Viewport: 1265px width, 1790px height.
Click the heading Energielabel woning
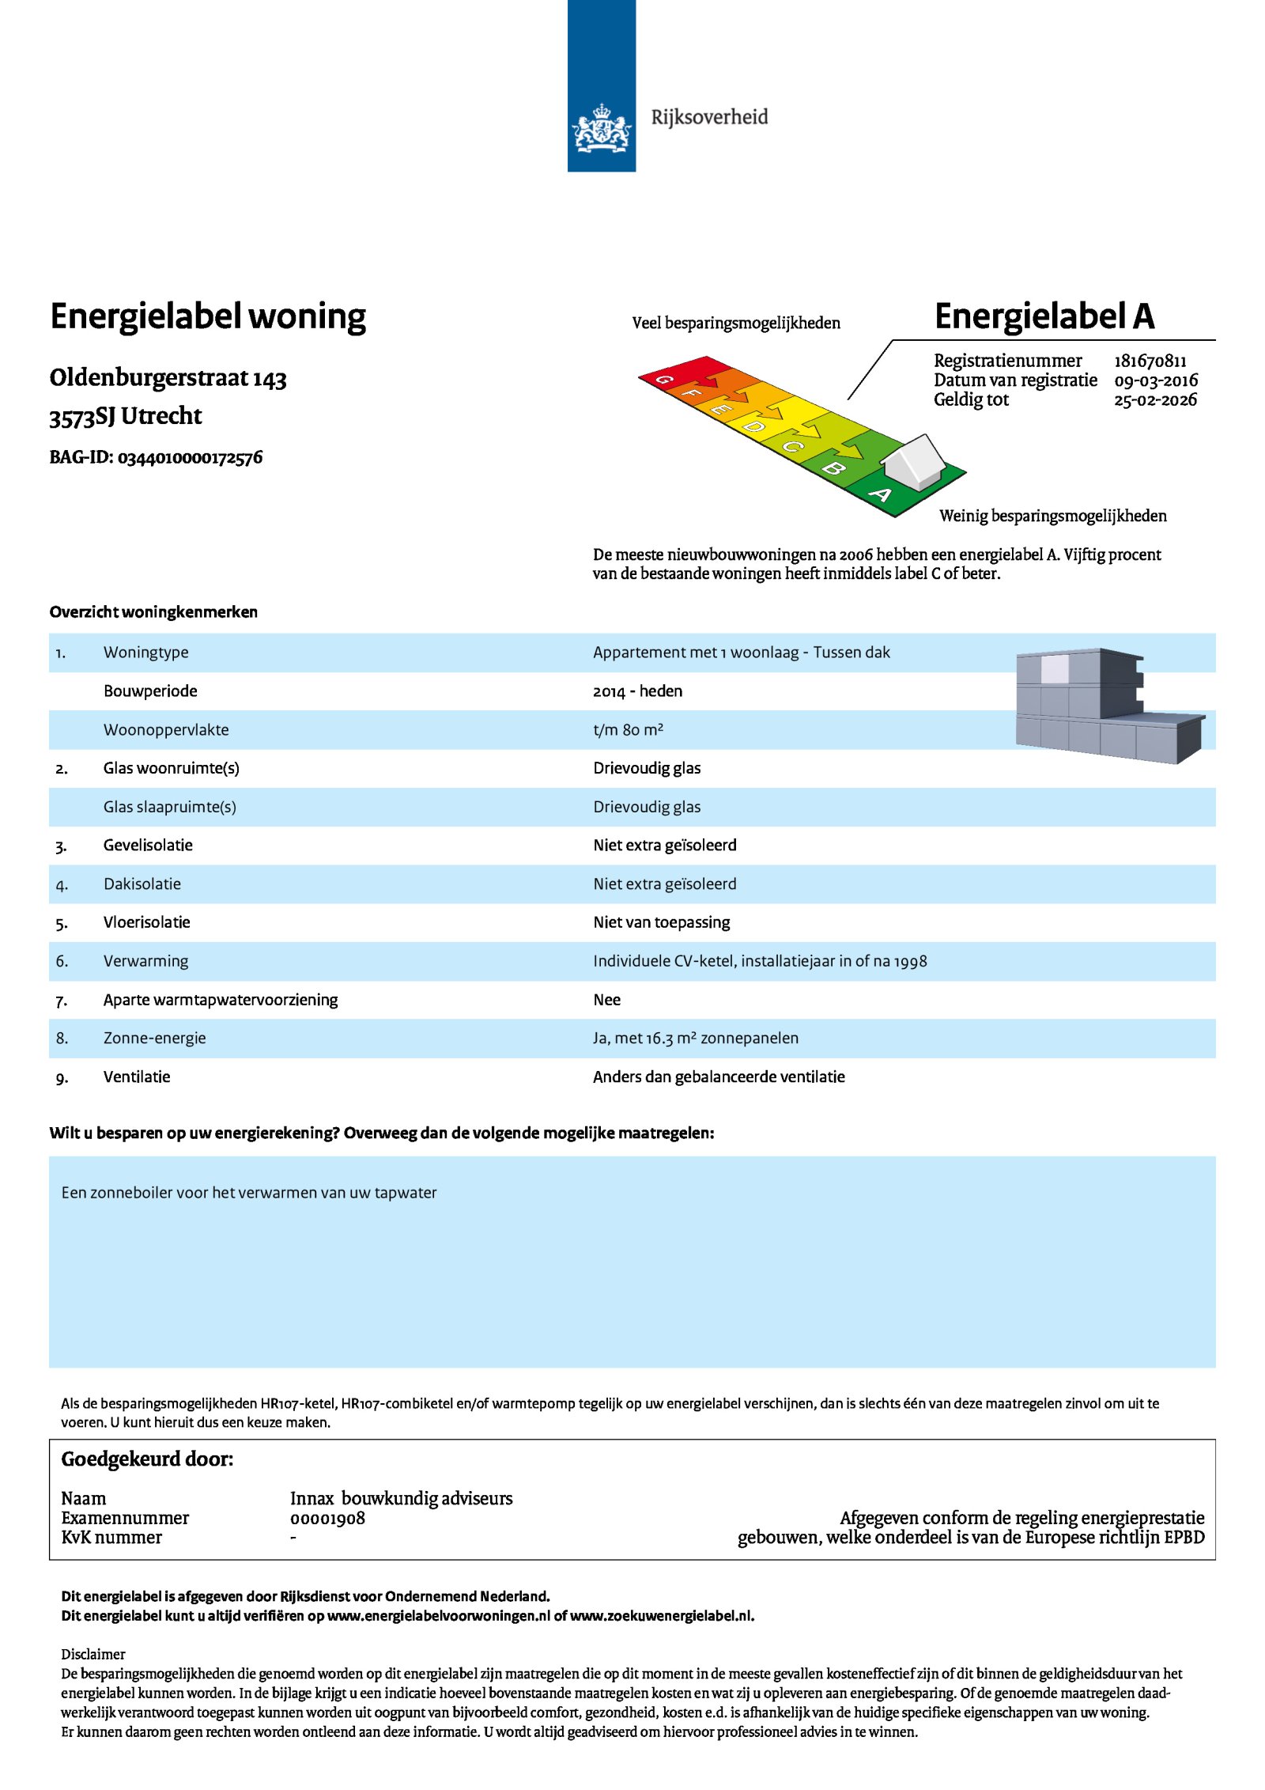[208, 316]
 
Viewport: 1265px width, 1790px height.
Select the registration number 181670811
[1150, 361]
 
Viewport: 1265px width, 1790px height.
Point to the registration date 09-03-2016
[1155, 380]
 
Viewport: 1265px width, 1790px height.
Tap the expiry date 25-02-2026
[1155, 400]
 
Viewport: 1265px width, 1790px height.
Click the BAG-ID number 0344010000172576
[190, 458]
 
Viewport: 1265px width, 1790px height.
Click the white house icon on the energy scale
[914, 460]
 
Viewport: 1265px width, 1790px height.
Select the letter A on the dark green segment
[880, 495]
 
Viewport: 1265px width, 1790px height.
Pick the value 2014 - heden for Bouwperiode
[637, 691]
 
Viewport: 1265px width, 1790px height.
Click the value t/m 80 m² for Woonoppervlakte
[628, 730]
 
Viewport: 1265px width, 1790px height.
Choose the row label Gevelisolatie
[148, 846]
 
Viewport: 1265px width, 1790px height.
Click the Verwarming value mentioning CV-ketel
[759, 961]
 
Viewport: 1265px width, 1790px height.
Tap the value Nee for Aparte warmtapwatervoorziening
[606, 1000]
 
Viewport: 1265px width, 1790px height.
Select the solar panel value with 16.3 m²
[695, 1039]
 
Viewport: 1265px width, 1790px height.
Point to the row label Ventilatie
[137, 1077]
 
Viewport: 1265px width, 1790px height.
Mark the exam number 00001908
[327, 1518]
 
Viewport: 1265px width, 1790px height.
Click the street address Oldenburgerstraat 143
[168, 378]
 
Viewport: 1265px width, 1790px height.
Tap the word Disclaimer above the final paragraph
[93, 1654]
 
